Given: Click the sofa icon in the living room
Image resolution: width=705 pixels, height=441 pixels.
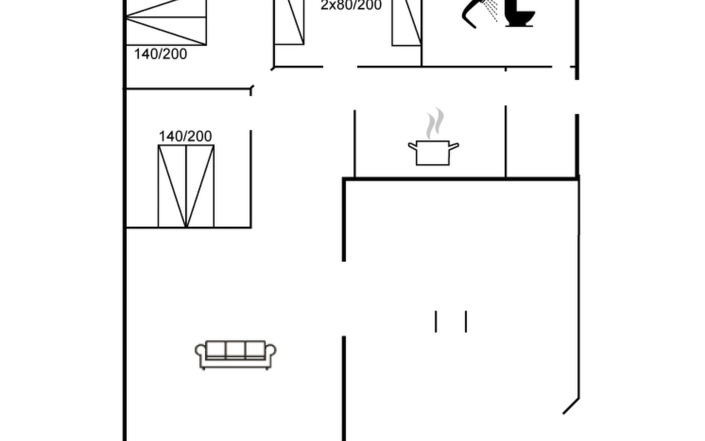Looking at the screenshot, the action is click(235, 355).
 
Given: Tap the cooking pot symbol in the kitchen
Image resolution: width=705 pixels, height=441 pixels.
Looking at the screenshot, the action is click(433, 153).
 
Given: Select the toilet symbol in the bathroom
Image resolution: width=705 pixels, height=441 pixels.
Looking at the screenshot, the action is click(519, 13).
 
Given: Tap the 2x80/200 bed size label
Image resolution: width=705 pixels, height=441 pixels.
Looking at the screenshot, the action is click(351, 5).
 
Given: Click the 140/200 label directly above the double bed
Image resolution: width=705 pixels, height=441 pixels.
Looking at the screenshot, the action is click(185, 136).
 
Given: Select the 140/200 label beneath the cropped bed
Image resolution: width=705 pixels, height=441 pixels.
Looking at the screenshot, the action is click(160, 54).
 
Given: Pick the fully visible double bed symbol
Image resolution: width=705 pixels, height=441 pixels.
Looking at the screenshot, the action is click(186, 186).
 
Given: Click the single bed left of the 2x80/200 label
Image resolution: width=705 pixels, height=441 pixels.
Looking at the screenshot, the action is click(289, 22).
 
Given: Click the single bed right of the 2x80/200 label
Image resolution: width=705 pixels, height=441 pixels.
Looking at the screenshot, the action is click(406, 23).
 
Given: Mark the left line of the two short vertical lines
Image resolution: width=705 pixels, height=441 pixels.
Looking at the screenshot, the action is click(436, 322).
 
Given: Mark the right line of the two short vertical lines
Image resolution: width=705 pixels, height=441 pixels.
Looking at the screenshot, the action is click(466, 322).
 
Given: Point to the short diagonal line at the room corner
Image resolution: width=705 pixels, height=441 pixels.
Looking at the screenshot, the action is click(571, 406).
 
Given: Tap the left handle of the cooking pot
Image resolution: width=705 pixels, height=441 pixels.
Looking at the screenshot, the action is click(413, 146).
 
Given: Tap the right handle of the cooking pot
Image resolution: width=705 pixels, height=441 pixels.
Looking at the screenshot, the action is click(454, 146).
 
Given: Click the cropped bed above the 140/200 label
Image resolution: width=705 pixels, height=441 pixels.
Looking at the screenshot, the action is click(166, 22).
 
